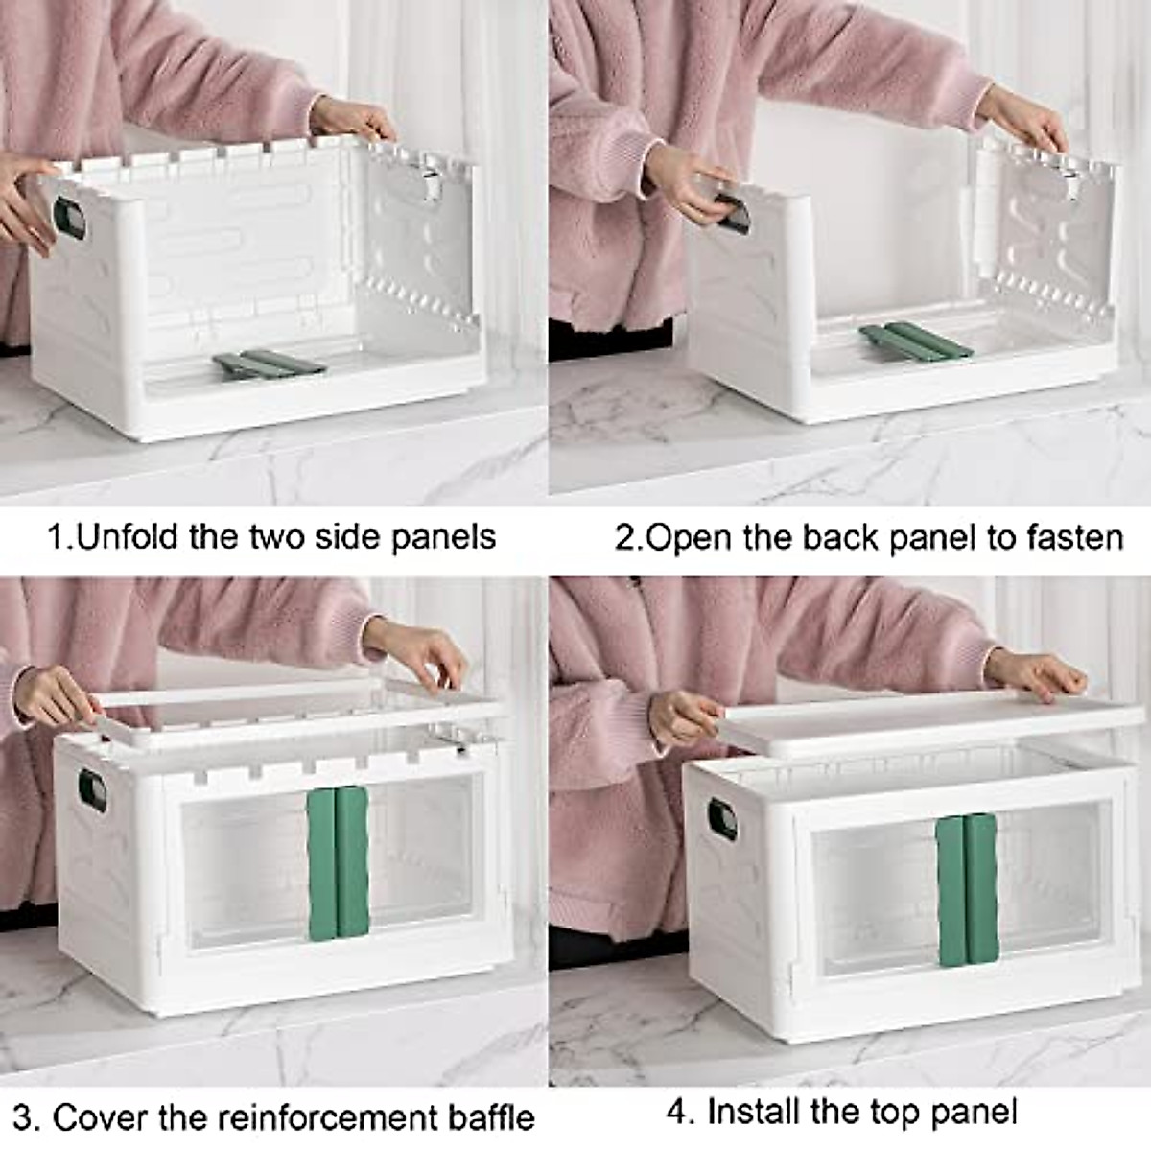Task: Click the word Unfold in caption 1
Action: click(129, 535)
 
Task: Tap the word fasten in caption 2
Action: click(1074, 537)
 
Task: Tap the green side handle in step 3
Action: click(92, 790)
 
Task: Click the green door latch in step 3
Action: click(338, 863)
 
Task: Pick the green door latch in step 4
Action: click(968, 889)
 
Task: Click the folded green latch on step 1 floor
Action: click(269, 364)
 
